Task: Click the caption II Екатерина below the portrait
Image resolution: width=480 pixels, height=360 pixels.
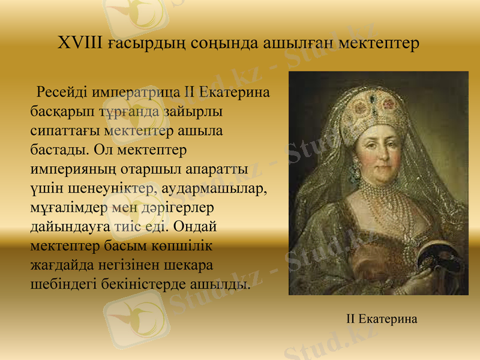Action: point(382,319)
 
